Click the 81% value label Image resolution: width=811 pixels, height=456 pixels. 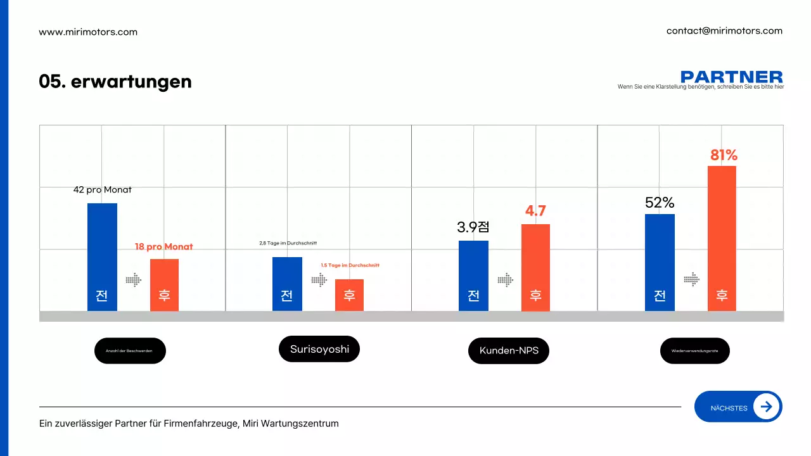723,155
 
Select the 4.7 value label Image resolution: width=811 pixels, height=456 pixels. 535,211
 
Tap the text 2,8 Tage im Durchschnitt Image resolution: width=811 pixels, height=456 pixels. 288,243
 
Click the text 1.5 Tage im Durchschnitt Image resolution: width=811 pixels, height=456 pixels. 350,265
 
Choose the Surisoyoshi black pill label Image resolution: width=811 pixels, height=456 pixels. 319,349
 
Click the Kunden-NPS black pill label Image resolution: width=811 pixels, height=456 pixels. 509,350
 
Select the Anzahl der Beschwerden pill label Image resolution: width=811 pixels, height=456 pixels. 130,351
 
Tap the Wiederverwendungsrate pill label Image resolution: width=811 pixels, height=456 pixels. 694,351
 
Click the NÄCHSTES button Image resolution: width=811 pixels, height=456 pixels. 738,407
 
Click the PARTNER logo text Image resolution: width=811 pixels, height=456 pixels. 731,77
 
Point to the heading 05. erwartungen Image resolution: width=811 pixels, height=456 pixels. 115,82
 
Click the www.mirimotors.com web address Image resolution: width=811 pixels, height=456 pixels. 88,32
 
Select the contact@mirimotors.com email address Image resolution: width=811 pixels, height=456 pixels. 724,30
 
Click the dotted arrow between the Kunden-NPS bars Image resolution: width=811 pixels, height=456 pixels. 505,279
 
